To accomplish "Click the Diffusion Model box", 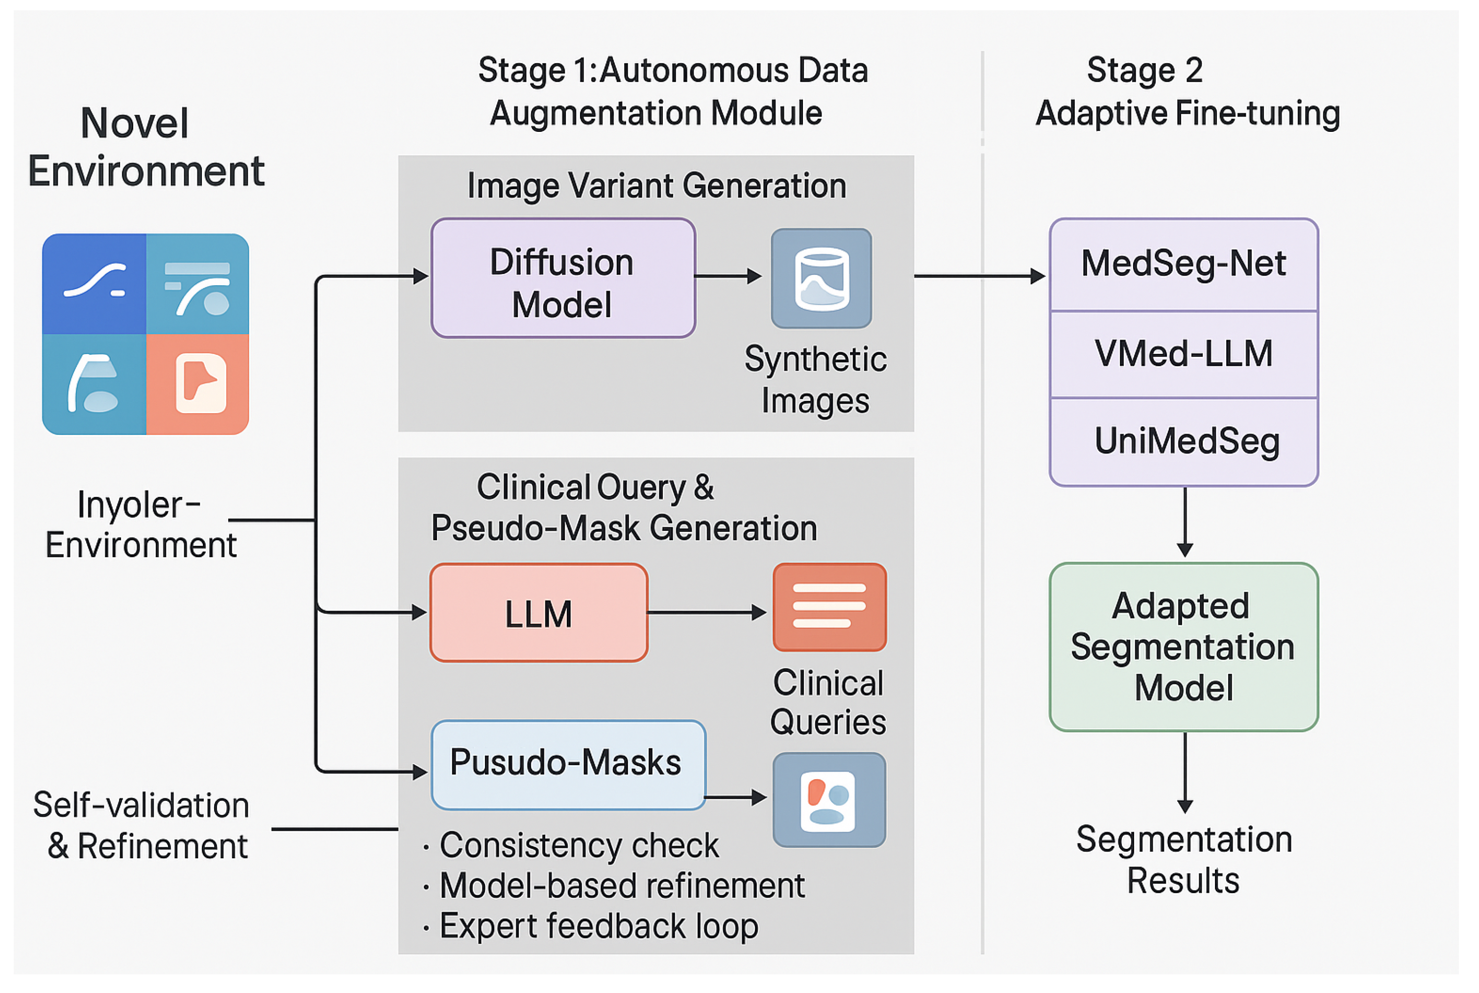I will tap(562, 279).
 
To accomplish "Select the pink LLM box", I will tap(538, 614).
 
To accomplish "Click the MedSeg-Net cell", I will tap(1184, 265).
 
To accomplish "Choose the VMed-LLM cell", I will tap(1184, 354).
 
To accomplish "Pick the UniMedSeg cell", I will tap(1184, 442).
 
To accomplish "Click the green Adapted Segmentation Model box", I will tap(1184, 647).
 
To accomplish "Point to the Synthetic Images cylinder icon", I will tap(822, 279).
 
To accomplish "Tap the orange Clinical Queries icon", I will tap(830, 607).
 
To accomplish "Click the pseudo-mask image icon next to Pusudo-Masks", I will tap(829, 800).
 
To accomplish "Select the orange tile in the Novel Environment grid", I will tap(197, 384).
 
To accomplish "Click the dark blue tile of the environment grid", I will tap(94, 284).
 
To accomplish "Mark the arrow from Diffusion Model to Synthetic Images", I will tap(728, 276).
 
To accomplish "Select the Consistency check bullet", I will tap(579, 845).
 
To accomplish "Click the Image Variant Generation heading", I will tap(656, 186).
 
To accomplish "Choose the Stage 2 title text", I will tap(1144, 70).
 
